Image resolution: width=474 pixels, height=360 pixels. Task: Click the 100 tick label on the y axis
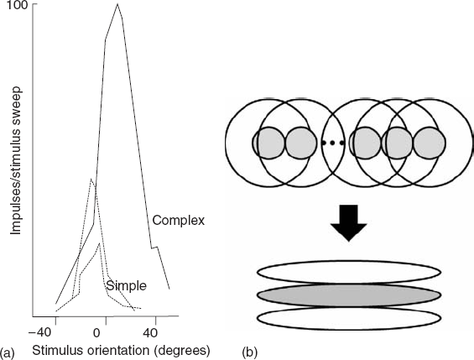coord(18,5)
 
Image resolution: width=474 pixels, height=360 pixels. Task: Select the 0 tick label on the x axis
coord(96,333)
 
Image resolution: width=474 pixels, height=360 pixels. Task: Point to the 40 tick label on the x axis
coord(150,333)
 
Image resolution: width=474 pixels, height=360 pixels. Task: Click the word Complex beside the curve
coord(179,221)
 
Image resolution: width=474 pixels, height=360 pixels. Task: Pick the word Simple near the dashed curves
coord(127,286)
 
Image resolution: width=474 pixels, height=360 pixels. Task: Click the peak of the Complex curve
coord(117,4)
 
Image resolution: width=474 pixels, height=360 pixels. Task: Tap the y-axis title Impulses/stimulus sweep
coord(16,160)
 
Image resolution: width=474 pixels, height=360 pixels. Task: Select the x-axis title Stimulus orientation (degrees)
coord(121,352)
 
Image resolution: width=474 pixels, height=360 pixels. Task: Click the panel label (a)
coord(7,352)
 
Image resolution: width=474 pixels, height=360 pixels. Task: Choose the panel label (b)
coord(250,352)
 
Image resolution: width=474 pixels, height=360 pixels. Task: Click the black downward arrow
coord(348,223)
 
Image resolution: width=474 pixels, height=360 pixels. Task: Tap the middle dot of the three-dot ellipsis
coord(332,143)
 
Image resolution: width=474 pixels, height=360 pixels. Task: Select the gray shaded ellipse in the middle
coord(348,295)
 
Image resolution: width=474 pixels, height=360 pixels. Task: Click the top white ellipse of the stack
coord(348,273)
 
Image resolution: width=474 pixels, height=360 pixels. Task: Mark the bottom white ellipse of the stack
coord(348,318)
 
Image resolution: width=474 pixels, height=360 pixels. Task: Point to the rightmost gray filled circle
coord(430,143)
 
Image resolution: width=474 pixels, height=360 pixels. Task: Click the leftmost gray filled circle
coord(269,143)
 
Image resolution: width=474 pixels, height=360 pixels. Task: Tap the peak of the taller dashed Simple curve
coord(91,180)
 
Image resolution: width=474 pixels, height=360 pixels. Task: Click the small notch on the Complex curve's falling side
coord(154,248)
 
